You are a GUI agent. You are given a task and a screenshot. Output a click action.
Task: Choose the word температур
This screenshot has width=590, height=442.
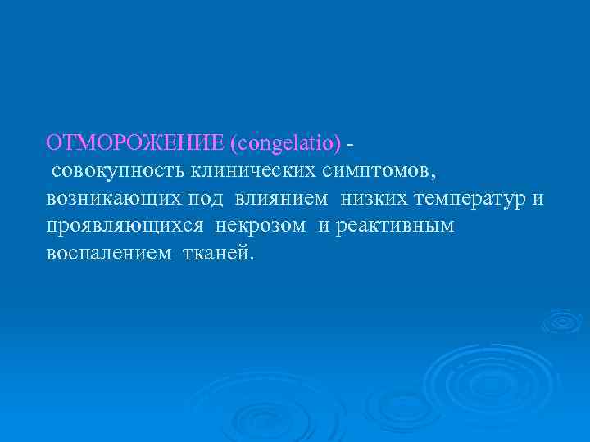coord(471,199)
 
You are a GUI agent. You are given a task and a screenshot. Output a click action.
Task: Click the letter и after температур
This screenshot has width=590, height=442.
coord(538,199)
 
